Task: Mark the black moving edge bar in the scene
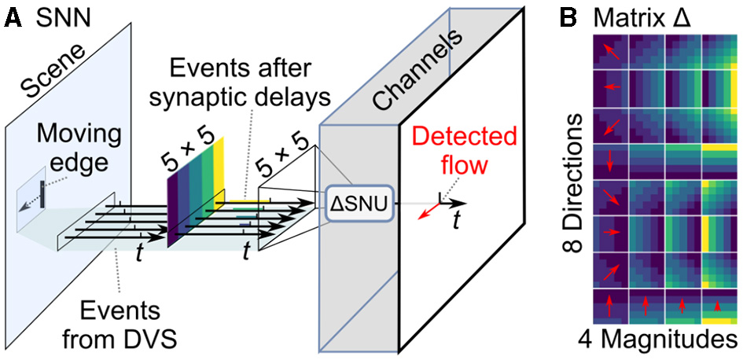pyautogui.click(x=42, y=189)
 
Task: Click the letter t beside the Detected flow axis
pyautogui.click(x=454, y=222)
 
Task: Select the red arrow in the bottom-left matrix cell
pyautogui.click(x=609, y=306)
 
